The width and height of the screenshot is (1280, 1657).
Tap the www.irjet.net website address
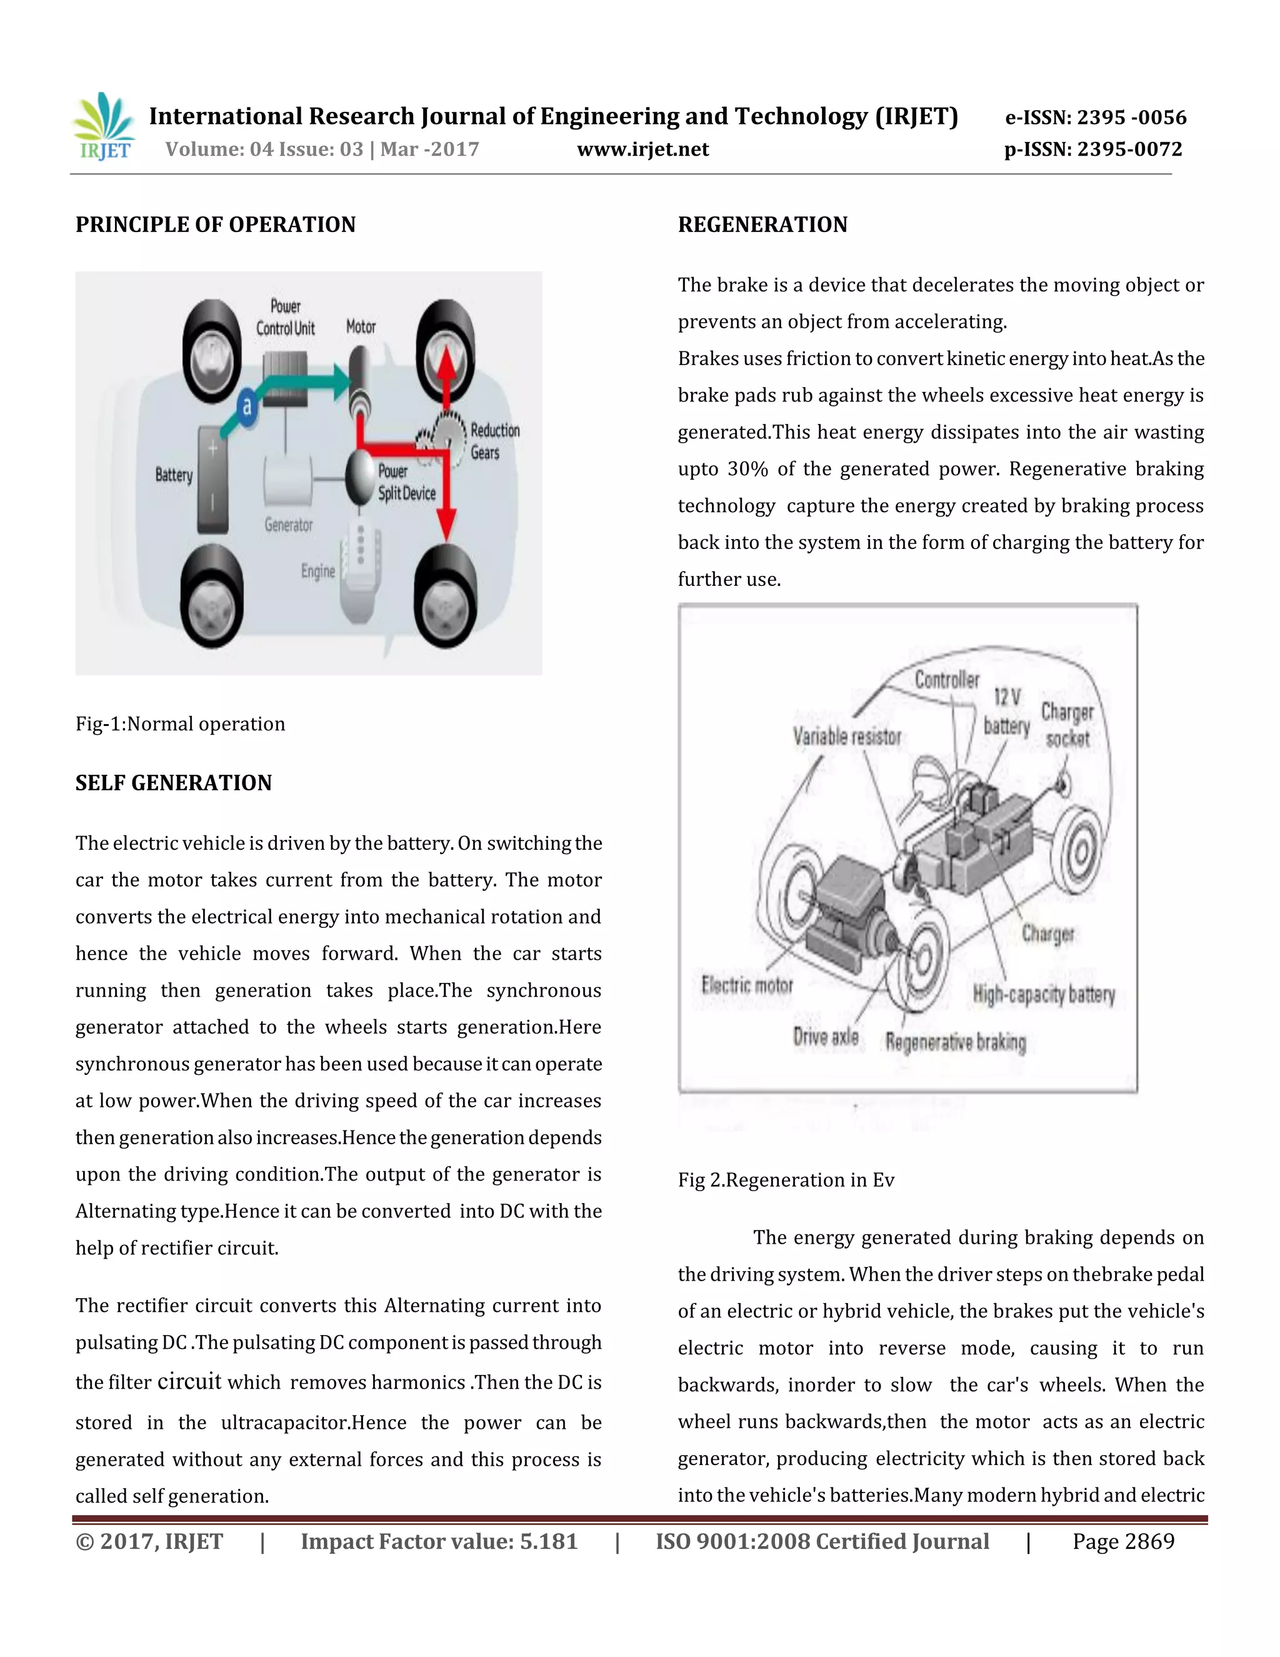[x=642, y=149]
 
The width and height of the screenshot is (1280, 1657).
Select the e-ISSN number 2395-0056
[x=1095, y=117]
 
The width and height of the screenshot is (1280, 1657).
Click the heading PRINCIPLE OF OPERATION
[x=216, y=224]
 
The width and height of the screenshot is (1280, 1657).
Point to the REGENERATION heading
[x=762, y=224]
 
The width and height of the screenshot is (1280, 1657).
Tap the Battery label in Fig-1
[x=174, y=475]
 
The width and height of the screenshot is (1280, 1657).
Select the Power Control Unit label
[x=285, y=317]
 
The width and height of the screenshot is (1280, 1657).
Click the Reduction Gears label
[x=494, y=441]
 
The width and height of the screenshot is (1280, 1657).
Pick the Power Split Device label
[x=406, y=481]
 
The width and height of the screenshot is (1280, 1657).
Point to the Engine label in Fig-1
[x=317, y=570]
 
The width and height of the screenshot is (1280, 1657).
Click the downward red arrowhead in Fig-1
[x=447, y=524]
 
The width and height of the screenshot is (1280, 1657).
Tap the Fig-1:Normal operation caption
[x=181, y=724]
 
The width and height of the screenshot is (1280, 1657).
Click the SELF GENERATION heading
[x=174, y=783]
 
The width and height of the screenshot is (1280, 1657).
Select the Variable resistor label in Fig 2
[x=847, y=736]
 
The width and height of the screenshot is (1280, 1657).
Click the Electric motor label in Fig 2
[x=747, y=985]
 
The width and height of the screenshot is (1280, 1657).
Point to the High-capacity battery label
[x=1043, y=994]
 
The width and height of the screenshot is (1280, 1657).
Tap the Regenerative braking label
[x=956, y=1042]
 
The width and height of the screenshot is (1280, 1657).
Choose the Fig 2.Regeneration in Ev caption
[x=786, y=1180]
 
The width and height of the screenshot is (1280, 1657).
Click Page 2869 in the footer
[x=1122, y=1542]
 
